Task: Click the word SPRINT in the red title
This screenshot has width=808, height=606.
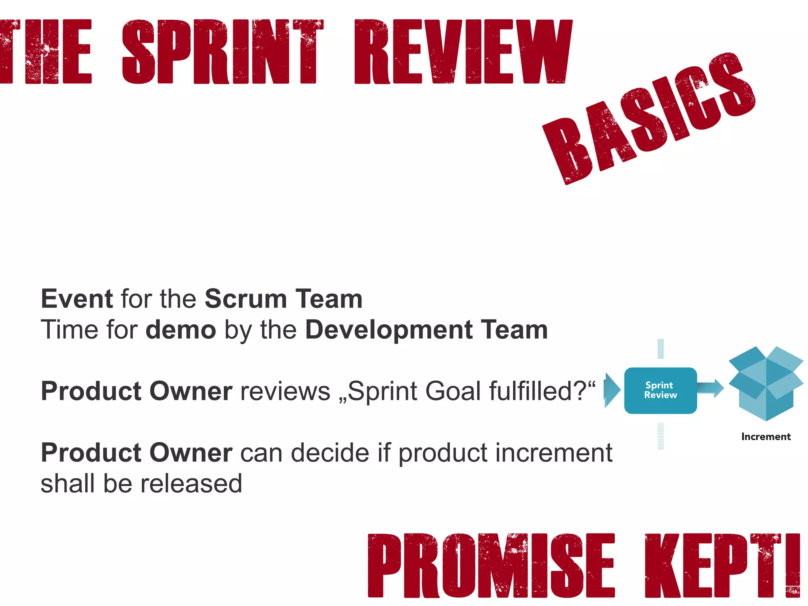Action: [x=223, y=52]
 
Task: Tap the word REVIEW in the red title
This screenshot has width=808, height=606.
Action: [x=463, y=52]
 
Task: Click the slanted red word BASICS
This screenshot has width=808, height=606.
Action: [x=649, y=118]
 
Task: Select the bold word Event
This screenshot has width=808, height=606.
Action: [x=77, y=299]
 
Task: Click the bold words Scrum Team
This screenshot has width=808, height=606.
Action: [x=283, y=299]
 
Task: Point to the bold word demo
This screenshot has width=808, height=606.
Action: [x=181, y=330]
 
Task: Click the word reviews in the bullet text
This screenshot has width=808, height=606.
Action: [x=285, y=391]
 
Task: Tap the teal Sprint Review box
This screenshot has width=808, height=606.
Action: [x=660, y=390]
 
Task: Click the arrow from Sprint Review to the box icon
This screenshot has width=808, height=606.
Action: [x=711, y=388]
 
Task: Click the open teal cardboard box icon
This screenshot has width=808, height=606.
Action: [x=766, y=383]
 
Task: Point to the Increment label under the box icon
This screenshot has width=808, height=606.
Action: [x=766, y=437]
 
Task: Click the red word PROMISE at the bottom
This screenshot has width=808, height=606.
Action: [x=491, y=565]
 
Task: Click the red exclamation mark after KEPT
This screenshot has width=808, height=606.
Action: [x=792, y=565]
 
